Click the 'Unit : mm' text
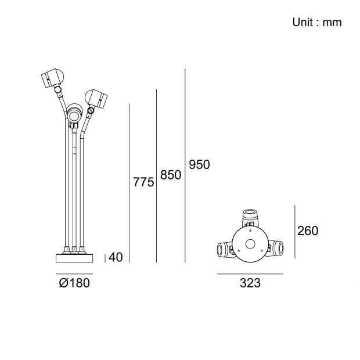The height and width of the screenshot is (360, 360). tap(317, 23)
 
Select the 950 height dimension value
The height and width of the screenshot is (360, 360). tap(199, 165)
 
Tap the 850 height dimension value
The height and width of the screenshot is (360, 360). tap(171, 175)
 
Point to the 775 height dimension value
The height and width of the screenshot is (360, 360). tap(143, 182)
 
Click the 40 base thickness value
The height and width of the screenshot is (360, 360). tap(116, 257)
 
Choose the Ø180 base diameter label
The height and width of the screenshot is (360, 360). tap(74, 283)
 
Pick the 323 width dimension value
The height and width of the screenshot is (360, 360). tap(250, 283)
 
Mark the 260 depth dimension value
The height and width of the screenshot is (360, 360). tap(308, 231)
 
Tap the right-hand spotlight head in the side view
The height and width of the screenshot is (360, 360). tap(96, 98)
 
